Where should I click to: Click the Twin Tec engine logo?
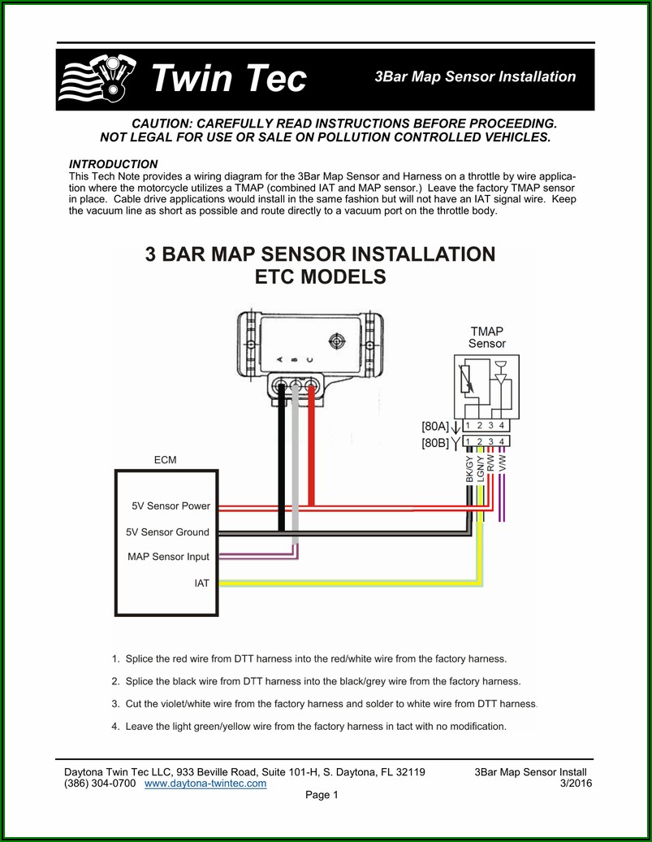(97, 78)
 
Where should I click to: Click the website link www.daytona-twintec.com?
(205, 783)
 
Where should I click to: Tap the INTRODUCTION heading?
(113, 164)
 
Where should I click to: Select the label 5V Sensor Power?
(171, 506)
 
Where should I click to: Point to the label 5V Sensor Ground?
(167, 532)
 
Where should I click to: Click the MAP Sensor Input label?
(169, 557)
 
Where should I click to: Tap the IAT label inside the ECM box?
(202, 584)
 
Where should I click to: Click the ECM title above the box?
(166, 460)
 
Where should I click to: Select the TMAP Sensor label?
(486, 338)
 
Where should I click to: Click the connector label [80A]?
(434, 427)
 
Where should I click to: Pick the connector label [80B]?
(434, 444)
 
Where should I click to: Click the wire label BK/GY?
(469, 469)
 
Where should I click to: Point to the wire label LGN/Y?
(481, 468)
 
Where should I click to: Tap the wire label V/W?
(502, 463)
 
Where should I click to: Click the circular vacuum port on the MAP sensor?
(336, 341)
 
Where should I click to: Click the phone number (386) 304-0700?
(100, 783)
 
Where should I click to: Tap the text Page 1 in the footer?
(322, 795)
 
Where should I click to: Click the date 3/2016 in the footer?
(576, 783)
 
